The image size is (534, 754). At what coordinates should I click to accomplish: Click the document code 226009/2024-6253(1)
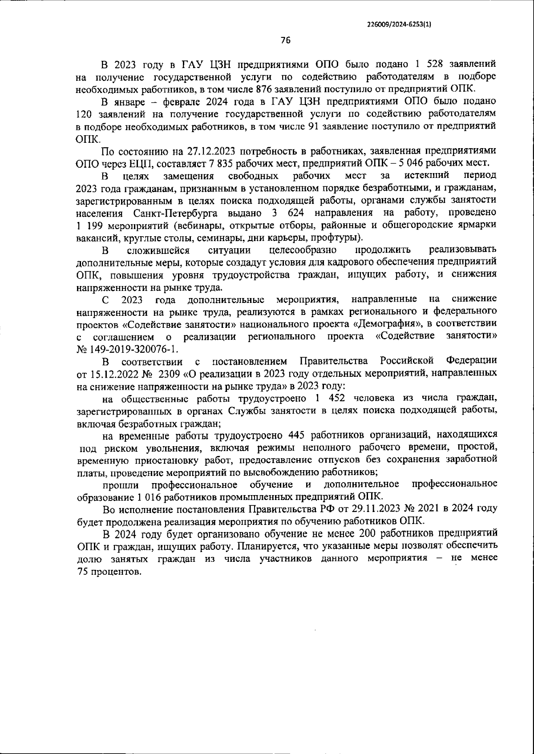(399, 25)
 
